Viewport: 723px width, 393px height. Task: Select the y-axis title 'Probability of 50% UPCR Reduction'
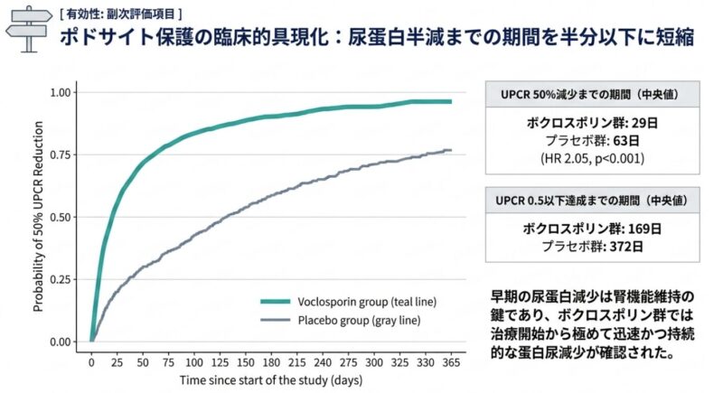tap(38, 217)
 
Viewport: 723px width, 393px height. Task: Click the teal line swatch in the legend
tap(275, 302)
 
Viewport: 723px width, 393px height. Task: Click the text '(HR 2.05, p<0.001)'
tap(588, 158)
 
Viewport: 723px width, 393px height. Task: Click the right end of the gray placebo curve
tap(450, 150)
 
